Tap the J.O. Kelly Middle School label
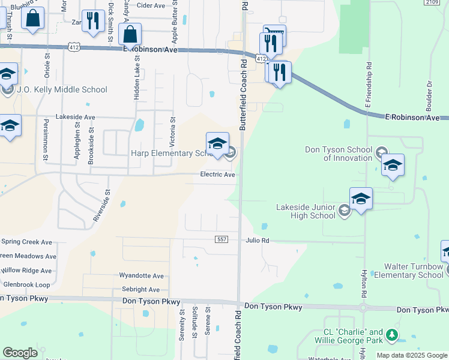coord(62,90)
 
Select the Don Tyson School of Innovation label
coord(339,154)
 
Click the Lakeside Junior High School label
coord(306,211)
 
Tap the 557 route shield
coord(221,239)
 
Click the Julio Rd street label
coord(257,241)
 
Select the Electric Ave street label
coord(217,175)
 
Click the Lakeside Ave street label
coord(75,117)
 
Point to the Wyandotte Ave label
coord(141,276)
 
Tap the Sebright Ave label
coord(140,289)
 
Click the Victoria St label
coord(173,129)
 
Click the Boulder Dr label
coord(429,94)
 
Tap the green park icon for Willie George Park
coord(391,334)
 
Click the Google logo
coord(20,353)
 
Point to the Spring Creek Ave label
coord(26,242)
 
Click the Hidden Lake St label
coord(137,75)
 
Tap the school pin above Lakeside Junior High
coord(361,199)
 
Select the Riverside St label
coord(102,206)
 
